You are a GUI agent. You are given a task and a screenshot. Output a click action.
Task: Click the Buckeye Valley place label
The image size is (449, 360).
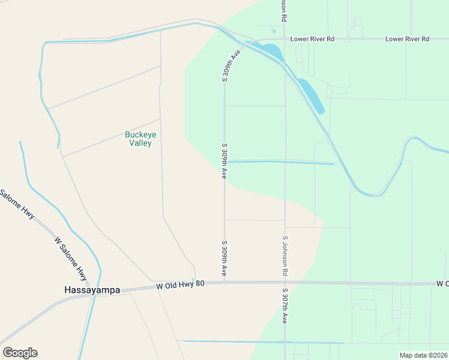pos(138,139)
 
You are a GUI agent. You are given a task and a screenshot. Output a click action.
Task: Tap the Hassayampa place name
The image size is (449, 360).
pos(92,290)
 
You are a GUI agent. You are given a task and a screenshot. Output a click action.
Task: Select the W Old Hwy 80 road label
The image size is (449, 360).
pos(181,284)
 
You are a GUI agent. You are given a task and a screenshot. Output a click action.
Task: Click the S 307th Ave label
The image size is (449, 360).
pos(284,305)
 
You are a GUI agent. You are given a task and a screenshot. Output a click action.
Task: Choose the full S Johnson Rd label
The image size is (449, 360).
pos(285,256)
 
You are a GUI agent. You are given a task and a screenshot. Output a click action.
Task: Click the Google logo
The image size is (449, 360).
pos(20,353)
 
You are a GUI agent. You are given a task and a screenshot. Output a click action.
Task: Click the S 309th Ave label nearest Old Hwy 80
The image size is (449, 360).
pos(224,259)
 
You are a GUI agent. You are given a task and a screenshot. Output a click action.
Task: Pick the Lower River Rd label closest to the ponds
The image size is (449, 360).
pos(312,39)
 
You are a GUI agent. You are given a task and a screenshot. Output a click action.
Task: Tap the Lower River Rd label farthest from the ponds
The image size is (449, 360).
pos(408,39)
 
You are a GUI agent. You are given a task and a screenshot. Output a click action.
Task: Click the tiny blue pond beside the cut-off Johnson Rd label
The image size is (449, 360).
pos(274,31)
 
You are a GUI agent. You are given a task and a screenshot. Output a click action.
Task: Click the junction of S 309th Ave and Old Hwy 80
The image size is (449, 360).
pos(224,281)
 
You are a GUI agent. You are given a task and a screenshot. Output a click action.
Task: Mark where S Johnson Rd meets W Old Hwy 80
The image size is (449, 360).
pos(285,282)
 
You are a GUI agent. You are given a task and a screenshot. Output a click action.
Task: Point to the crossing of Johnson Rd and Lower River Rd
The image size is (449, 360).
pos(285,39)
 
